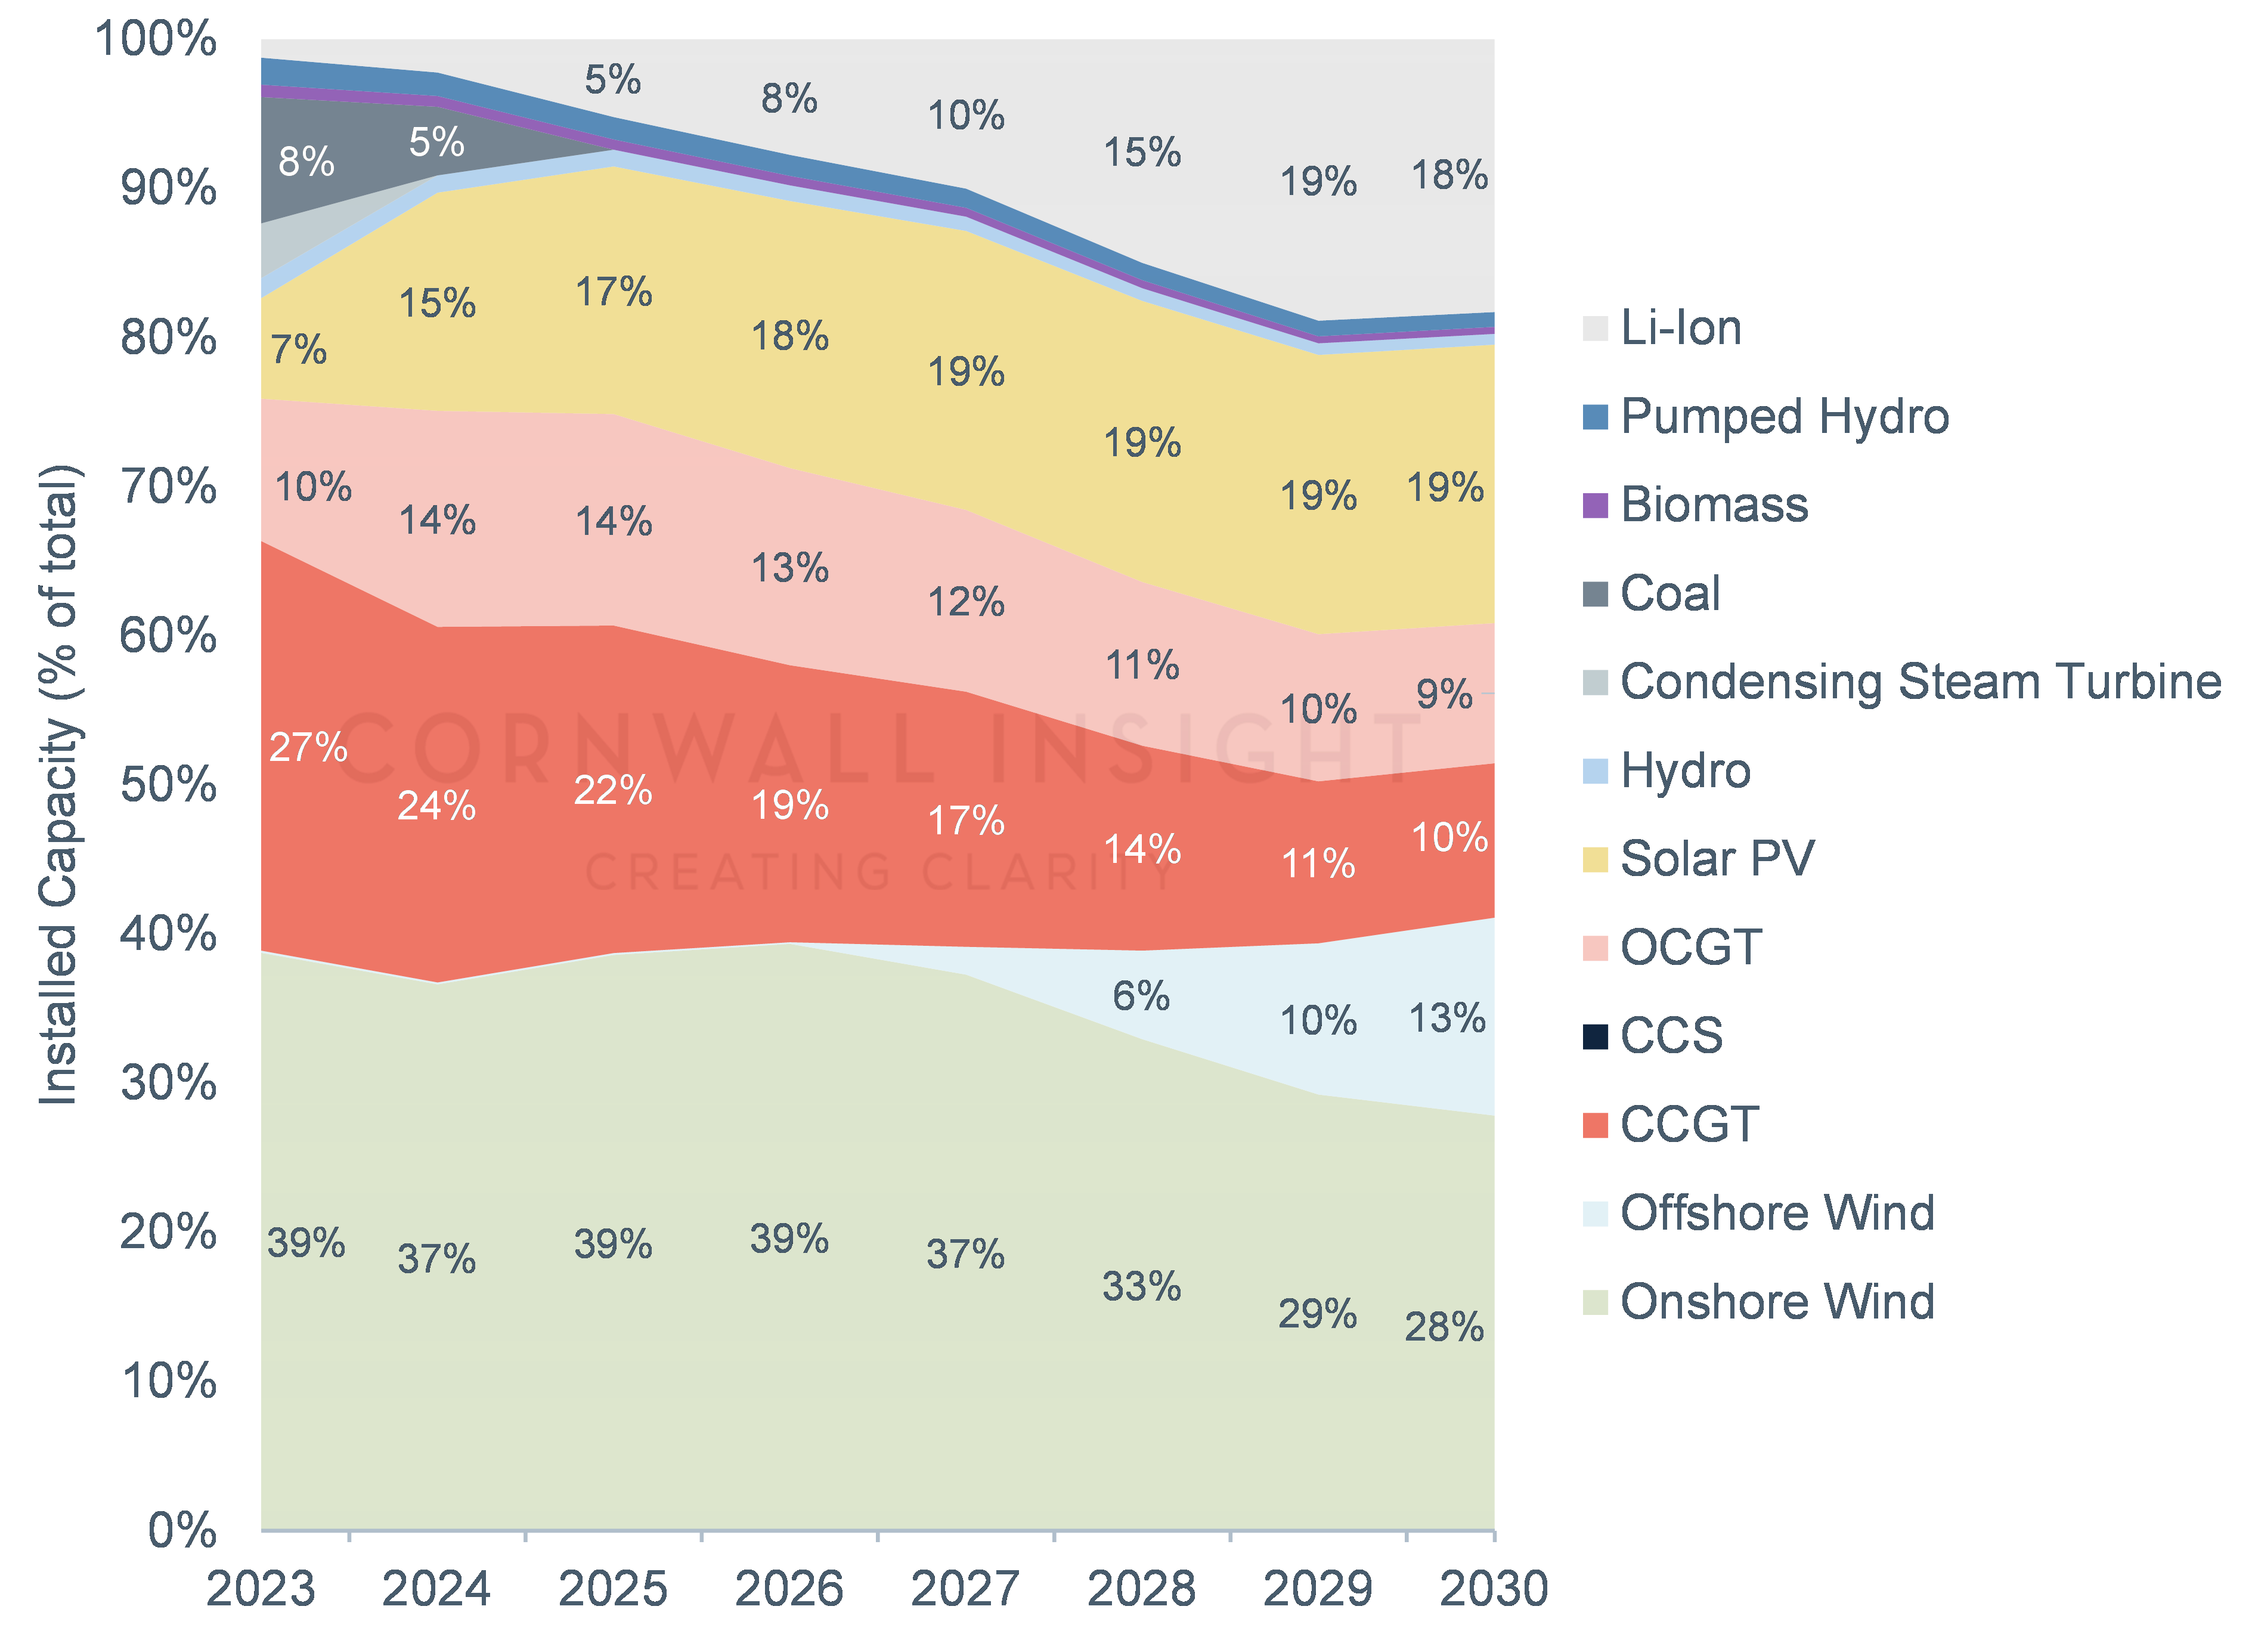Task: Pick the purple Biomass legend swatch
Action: click(x=1595, y=505)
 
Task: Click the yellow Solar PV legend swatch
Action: click(x=1595, y=859)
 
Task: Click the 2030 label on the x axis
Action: click(x=1494, y=1588)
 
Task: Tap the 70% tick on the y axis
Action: click(x=168, y=487)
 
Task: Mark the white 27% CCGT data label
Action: click(x=308, y=748)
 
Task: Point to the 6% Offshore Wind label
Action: click(x=1141, y=995)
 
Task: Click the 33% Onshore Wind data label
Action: click(x=1141, y=1287)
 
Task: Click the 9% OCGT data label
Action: click(x=1444, y=694)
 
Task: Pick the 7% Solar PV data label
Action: click(x=298, y=350)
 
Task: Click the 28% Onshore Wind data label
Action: click(x=1444, y=1327)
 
